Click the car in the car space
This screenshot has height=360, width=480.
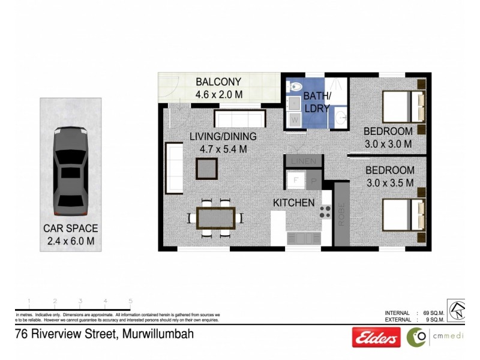point(71,173)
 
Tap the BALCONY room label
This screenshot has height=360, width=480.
point(218,82)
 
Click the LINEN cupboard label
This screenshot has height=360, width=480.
point(298,162)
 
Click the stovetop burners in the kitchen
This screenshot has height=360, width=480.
point(325,211)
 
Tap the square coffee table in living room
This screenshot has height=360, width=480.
point(206,169)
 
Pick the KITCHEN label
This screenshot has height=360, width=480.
point(294,203)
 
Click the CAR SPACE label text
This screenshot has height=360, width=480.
point(71,229)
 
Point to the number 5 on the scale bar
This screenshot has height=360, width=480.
point(130,302)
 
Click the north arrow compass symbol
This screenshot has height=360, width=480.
point(457,310)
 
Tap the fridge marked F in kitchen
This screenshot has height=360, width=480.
point(295,180)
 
